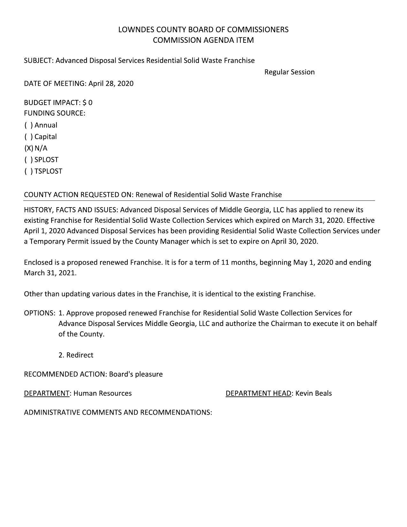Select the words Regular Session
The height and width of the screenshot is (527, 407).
coord(289,72)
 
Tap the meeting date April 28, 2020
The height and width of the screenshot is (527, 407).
coord(111,84)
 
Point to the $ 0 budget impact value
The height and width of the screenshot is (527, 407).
coord(87,102)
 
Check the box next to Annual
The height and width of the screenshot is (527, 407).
coord(28,125)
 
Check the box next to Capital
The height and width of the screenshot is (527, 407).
coord(28,137)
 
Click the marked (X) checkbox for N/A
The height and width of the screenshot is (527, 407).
coord(28,148)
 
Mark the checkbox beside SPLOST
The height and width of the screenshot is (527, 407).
coord(28,160)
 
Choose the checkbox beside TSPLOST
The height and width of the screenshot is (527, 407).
coord(28,171)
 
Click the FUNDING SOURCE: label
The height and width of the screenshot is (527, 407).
coord(55,113)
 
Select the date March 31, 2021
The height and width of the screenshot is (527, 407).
coord(50,273)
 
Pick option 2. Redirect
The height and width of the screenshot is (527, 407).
coord(76,355)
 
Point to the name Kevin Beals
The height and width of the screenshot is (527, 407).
coord(313,393)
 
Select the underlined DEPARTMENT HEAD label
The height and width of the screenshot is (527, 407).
coord(258,393)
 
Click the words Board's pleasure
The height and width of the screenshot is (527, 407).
coord(136,374)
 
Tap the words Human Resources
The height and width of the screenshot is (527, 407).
coord(102,393)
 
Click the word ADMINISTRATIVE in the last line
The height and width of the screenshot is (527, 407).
coord(52,412)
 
